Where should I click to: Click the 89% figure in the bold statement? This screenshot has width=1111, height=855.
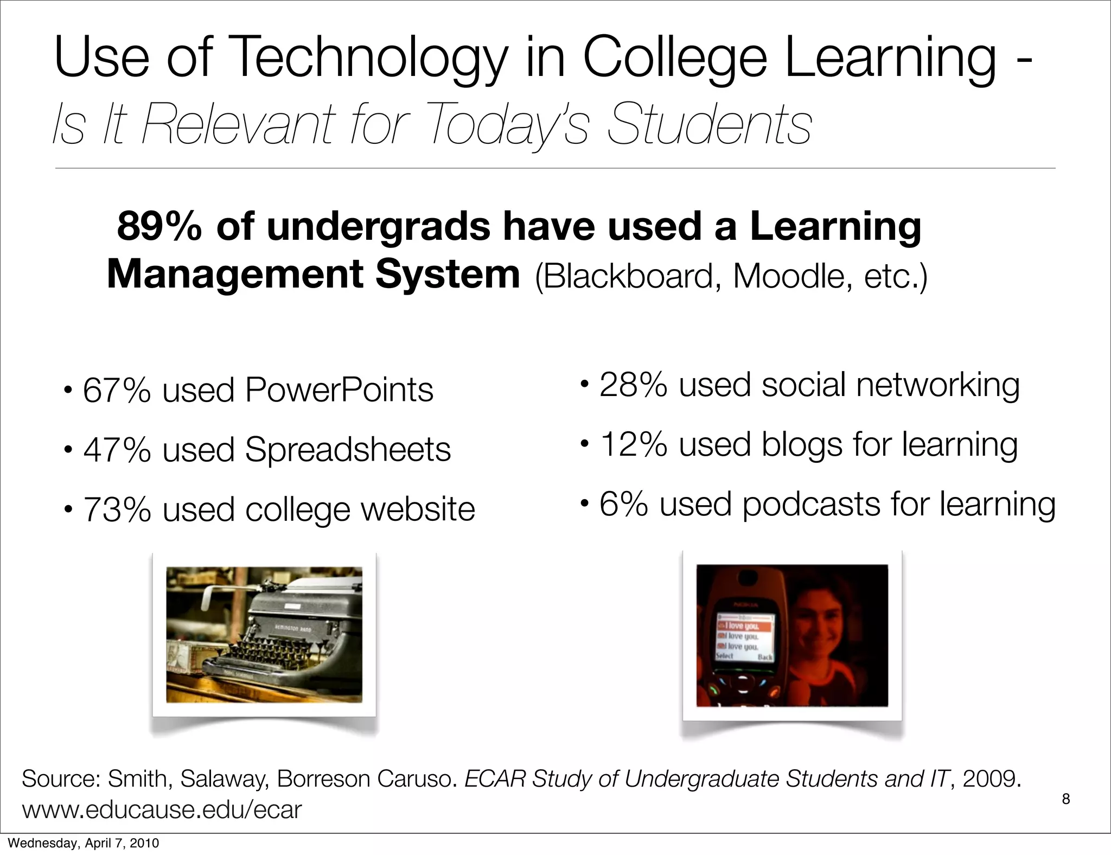159,226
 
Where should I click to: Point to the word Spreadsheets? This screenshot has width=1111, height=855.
348,450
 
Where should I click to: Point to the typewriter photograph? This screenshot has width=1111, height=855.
264,635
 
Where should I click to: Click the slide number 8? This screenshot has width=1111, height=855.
1066,799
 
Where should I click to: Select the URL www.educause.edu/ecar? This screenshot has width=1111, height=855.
162,810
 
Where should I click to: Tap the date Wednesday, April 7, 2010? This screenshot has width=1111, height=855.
84,843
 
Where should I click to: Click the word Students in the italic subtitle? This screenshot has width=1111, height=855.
710,125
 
